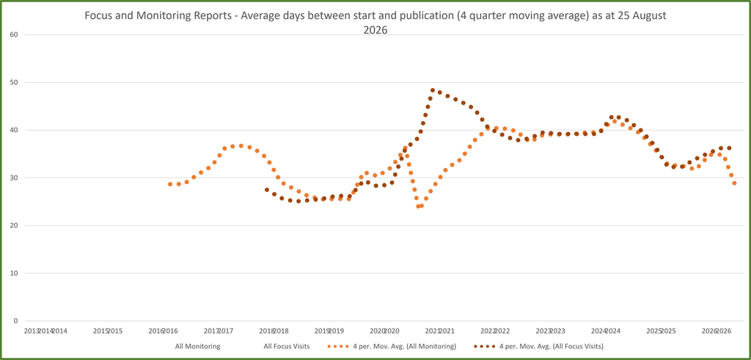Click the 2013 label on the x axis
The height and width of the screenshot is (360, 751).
pos(31,331)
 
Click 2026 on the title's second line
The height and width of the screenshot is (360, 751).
pos(375,29)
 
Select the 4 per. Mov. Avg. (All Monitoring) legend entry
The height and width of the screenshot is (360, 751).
pos(392,345)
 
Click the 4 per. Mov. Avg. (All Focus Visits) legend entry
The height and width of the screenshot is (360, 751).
pos(538,345)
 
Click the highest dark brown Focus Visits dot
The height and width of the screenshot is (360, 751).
pos(433,90)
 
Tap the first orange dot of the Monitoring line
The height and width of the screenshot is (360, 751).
pos(170,184)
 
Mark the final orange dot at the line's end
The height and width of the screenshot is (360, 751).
pos(734,183)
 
